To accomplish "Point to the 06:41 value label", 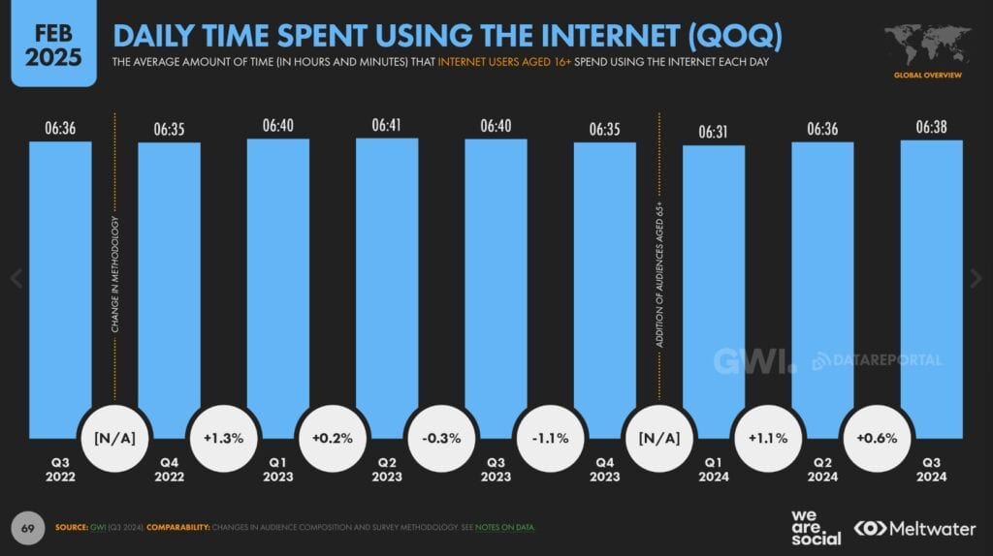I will (387, 125).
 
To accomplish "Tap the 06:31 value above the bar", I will (714, 132).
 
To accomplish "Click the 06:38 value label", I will (931, 127).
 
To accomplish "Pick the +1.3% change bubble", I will (223, 438).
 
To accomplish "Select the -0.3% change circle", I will (441, 438).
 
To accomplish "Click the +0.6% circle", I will (877, 438).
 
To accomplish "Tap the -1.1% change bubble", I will (550, 438).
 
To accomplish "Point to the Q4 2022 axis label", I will (169, 469).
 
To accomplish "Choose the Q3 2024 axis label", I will (931, 469).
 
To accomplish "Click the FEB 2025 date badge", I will (53, 43).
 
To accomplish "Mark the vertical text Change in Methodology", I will (115, 275).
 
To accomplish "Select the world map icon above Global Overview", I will (928, 46).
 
